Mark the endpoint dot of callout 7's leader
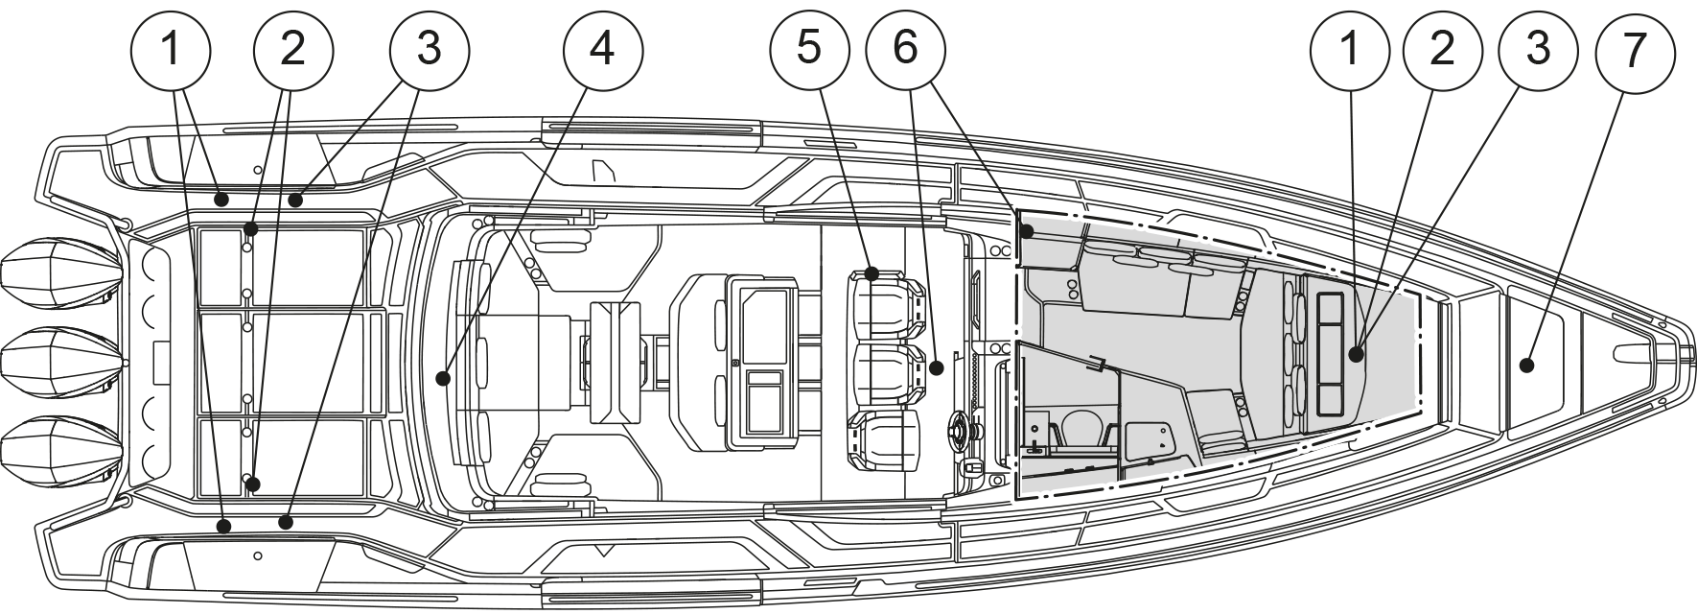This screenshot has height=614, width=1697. [1526, 365]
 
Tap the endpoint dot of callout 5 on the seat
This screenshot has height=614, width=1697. [872, 274]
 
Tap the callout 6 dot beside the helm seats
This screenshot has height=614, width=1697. [936, 367]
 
